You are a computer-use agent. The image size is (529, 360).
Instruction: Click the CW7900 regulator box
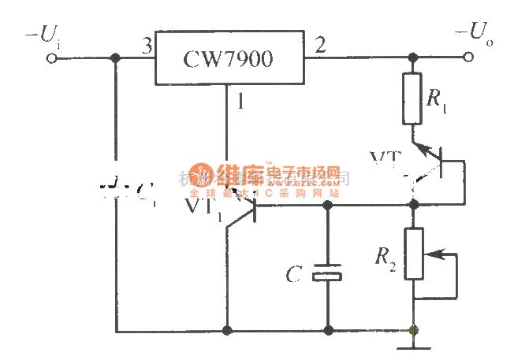pyautogui.click(x=229, y=58)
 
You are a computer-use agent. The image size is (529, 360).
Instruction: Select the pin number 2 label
pyautogui.click(x=319, y=45)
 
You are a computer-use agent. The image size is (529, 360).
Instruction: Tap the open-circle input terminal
pyautogui.click(x=54, y=58)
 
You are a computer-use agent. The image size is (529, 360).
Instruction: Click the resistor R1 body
pyautogui.click(x=412, y=98)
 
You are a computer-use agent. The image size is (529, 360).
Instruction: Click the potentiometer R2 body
pyautogui.click(x=412, y=254)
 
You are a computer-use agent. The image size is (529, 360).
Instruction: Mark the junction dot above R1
pyautogui.click(x=412, y=58)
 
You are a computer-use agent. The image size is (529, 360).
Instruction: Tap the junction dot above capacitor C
pyautogui.click(x=327, y=205)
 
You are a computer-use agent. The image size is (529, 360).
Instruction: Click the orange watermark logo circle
pyautogui.click(x=199, y=176)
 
